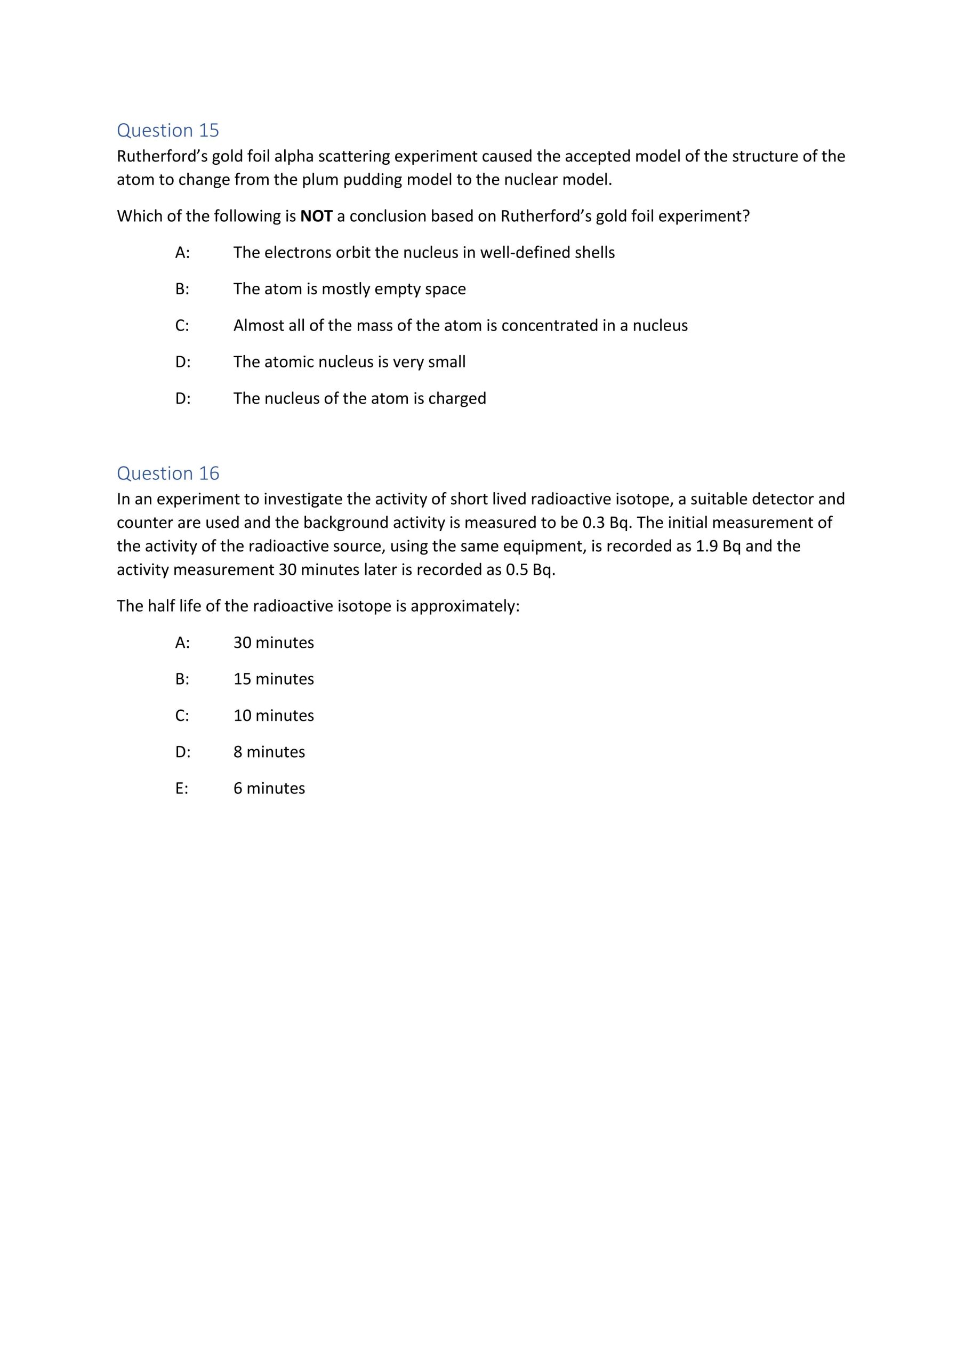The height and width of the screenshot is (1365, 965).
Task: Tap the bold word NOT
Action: point(316,216)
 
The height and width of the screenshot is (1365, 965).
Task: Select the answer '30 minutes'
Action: point(274,643)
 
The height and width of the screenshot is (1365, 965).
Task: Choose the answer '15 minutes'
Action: point(274,679)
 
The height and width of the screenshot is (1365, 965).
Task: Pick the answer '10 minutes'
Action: point(274,715)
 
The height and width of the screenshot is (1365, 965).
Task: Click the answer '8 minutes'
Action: point(269,752)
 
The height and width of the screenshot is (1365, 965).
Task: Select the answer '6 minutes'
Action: point(269,788)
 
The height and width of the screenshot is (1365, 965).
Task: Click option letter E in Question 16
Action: point(181,788)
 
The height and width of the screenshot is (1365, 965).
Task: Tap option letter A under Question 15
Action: point(182,253)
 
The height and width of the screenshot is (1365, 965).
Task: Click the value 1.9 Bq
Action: point(718,547)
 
